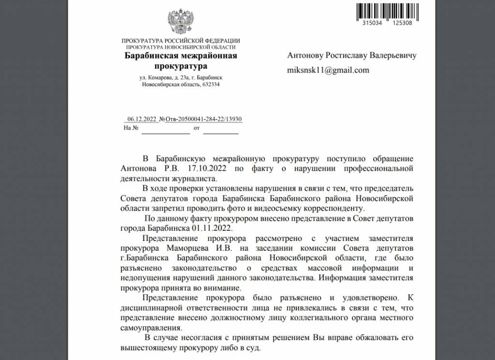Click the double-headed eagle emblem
181,21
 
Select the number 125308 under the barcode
402,23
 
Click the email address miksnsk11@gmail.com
328,70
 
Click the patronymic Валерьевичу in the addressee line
393,55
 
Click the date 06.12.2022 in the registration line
141,119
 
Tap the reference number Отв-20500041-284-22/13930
204,119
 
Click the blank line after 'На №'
165,129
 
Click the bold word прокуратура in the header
180,65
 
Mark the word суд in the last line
253,347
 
